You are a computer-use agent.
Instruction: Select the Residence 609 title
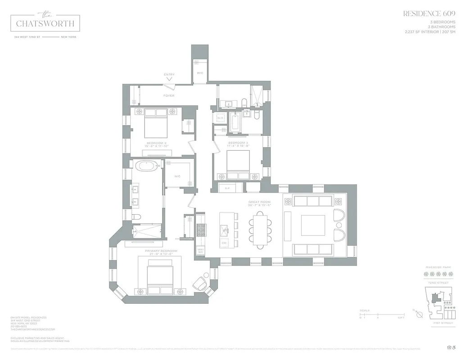point(429,14)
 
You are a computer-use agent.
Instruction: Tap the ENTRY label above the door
point(169,75)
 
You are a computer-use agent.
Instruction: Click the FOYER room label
point(169,95)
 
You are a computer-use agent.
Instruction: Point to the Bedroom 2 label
point(155,144)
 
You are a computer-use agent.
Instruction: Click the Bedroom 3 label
point(238,144)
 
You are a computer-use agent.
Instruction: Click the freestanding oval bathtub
point(147,166)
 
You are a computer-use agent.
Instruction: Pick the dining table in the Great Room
point(260,229)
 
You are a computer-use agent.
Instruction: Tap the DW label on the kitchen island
point(224,243)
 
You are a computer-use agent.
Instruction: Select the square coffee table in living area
point(313,225)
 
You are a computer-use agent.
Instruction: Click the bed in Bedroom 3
point(238,165)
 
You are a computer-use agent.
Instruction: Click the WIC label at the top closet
point(200,73)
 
